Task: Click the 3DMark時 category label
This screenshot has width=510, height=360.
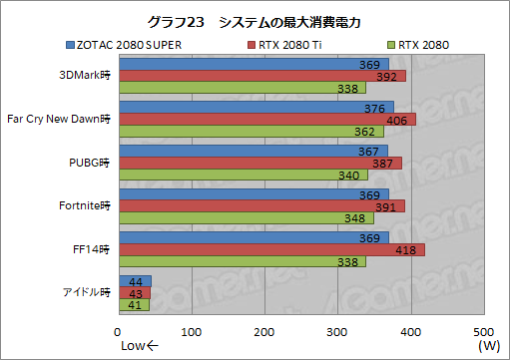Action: (x=86, y=75)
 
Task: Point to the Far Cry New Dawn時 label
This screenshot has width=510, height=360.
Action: (x=58, y=119)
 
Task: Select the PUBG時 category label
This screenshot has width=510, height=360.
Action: (x=90, y=163)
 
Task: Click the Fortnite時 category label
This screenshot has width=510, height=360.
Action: (x=86, y=206)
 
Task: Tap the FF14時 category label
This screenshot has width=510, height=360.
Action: (x=91, y=249)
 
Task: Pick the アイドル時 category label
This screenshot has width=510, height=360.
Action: (x=86, y=293)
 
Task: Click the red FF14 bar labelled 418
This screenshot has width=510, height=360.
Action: (x=271, y=249)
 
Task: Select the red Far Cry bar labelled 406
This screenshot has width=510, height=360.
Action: (x=266, y=119)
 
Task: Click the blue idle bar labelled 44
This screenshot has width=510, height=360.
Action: (x=135, y=282)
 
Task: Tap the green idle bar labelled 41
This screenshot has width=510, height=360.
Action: (x=133, y=306)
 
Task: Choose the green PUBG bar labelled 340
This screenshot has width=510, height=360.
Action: (x=230, y=175)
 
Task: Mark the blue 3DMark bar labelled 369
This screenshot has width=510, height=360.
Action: (x=254, y=64)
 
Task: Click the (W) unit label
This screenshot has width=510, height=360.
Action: (x=489, y=346)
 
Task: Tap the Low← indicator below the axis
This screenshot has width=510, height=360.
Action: (x=139, y=346)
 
